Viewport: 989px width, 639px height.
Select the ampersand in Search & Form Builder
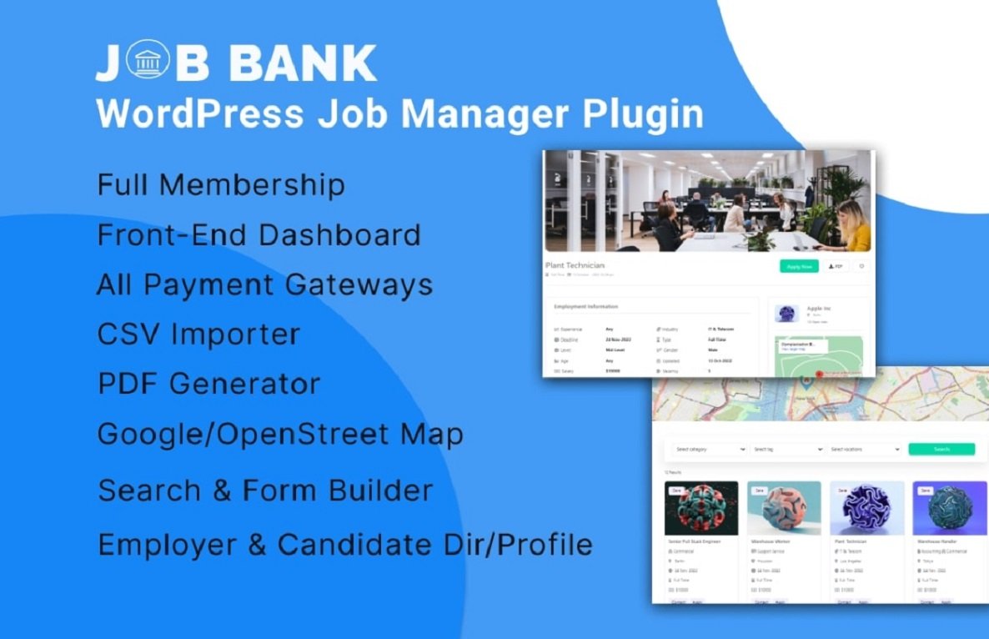pyautogui.click(x=221, y=491)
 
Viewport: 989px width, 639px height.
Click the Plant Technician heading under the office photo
pyautogui.click(x=575, y=265)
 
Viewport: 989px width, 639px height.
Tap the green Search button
pyautogui.click(x=941, y=449)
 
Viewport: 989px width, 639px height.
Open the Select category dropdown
pyautogui.click(x=710, y=449)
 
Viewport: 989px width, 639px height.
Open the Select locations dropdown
pyautogui.click(x=865, y=449)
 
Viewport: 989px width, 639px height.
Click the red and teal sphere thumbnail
pyautogui.click(x=701, y=508)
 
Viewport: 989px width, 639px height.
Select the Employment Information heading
pyautogui.click(x=586, y=307)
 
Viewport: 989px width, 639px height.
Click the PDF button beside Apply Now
pyautogui.click(x=835, y=266)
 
